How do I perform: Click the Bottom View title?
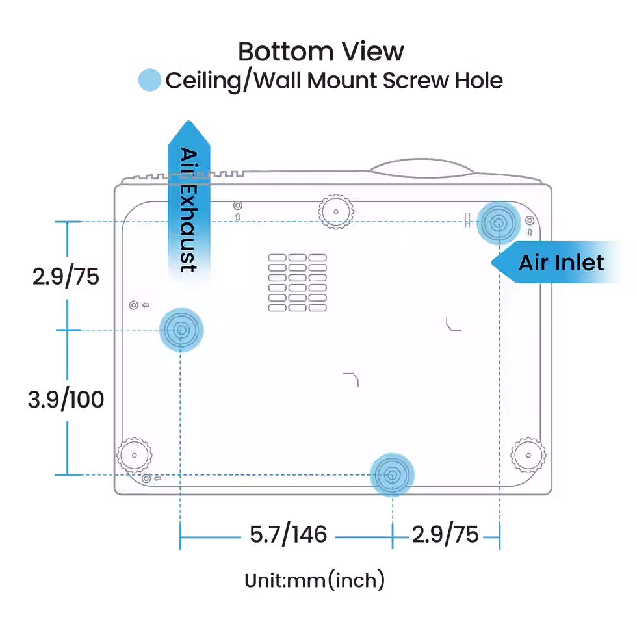[321, 51]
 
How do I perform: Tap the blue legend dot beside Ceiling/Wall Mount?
[149, 79]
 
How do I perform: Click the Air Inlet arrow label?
[562, 263]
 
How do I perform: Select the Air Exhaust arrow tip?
[188, 121]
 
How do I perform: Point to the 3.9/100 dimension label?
[66, 399]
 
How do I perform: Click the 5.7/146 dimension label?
[288, 534]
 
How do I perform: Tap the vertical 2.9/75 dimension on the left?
[66, 277]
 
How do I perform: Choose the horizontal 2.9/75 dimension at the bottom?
[445, 534]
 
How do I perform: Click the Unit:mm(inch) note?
[315, 580]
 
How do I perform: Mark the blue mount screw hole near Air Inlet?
[499, 223]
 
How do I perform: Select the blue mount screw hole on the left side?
[181, 330]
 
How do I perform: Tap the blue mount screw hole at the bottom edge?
[392, 475]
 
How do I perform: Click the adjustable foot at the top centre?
[335, 212]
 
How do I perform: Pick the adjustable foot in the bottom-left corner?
[135, 455]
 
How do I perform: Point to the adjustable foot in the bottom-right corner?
[528, 455]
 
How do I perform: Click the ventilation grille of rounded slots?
[298, 283]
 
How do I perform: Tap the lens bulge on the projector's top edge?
[422, 168]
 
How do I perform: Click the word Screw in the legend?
[416, 80]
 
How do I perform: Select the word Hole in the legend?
[479, 80]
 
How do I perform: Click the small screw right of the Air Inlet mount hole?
[530, 220]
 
